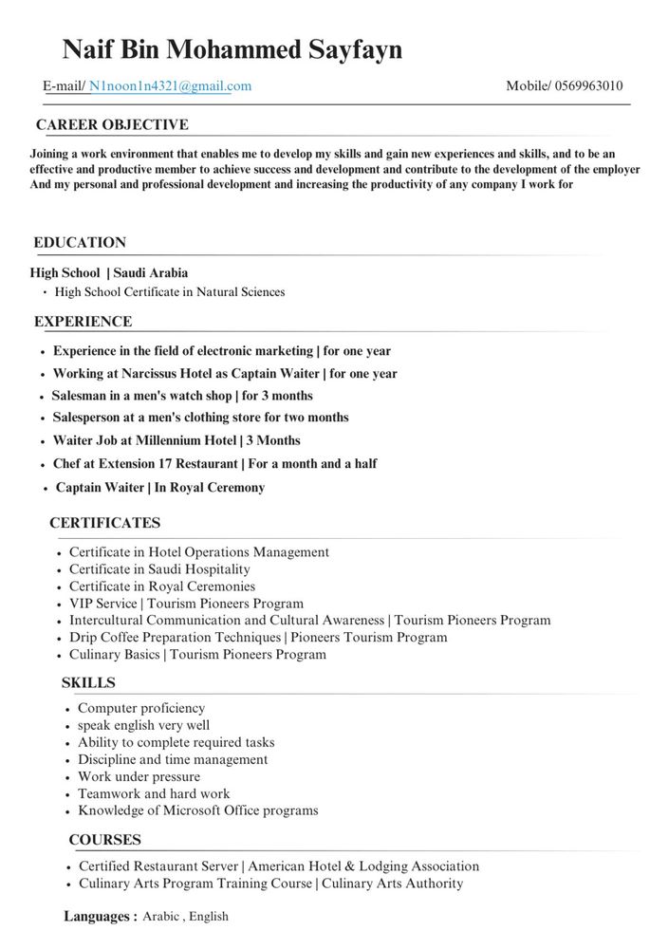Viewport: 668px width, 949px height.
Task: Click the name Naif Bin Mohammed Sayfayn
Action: pyautogui.click(x=232, y=49)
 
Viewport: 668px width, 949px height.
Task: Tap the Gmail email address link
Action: pyautogui.click(x=171, y=86)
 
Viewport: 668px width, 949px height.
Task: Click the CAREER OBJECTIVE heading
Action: pyautogui.click(x=112, y=125)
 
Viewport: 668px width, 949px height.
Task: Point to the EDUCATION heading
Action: pyautogui.click(x=80, y=243)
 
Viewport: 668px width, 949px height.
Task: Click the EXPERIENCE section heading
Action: pyautogui.click(x=83, y=322)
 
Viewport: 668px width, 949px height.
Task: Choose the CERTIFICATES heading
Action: pyautogui.click(x=104, y=523)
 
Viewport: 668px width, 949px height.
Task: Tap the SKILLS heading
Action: pyautogui.click(x=88, y=682)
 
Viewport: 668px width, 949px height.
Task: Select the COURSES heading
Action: pyautogui.click(x=104, y=840)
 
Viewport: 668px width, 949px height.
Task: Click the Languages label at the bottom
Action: pyautogui.click(x=100, y=917)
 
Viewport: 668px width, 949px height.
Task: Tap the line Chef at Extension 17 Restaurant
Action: pyautogui.click(x=145, y=464)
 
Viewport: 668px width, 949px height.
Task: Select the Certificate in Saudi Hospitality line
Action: pyautogui.click(x=159, y=569)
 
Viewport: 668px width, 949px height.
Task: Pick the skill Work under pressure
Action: pyautogui.click(x=139, y=777)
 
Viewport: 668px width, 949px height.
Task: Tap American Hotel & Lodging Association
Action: pyautogui.click(x=363, y=866)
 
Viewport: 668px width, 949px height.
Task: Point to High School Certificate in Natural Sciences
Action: pyautogui.click(x=169, y=292)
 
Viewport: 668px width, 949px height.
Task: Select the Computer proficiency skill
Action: pyautogui.click(x=141, y=709)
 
